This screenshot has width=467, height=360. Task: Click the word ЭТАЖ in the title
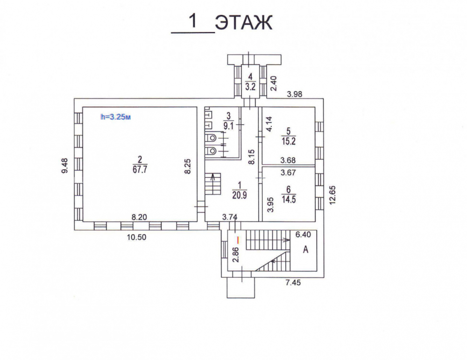(x=244, y=22)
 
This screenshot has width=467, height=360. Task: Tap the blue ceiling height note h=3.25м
(x=115, y=117)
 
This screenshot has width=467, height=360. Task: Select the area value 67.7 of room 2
(x=140, y=169)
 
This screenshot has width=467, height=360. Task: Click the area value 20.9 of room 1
(x=240, y=195)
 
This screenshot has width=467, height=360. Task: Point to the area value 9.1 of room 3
(x=228, y=126)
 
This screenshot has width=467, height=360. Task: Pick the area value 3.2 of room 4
(x=250, y=87)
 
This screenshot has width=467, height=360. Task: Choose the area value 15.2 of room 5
(x=288, y=141)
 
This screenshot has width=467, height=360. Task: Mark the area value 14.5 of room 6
(x=289, y=199)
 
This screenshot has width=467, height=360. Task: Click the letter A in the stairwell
(x=305, y=249)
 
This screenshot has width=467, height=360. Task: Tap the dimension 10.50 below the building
(x=136, y=237)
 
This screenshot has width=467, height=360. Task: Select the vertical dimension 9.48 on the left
(x=64, y=166)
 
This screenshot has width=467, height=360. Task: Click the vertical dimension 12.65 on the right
(x=333, y=195)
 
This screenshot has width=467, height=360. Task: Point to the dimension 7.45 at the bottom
(x=293, y=282)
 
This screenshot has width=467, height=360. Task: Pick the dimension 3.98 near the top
(x=294, y=94)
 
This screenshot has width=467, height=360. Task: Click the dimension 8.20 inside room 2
(x=139, y=218)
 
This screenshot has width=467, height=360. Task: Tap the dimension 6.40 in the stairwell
(x=303, y=235)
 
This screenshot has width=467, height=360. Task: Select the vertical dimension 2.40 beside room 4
(x=273, y=84)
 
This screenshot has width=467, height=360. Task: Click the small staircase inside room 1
(x=212, y=184)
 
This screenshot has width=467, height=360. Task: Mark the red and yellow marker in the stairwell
(x=238, y=239)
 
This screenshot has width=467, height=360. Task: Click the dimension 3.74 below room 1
(x=230, y=218)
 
